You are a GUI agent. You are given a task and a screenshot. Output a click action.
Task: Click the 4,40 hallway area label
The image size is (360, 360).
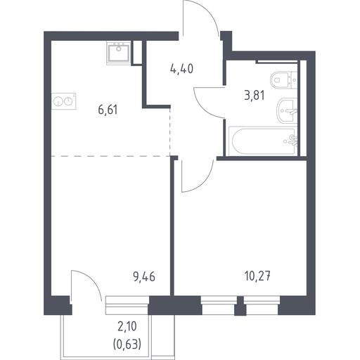pyautogui.click(x=181, y=69)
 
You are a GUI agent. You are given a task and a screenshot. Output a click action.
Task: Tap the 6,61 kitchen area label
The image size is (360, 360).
pyautogui.click(x=108, y=110)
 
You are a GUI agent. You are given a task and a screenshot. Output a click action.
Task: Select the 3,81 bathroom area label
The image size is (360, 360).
pyautogui.click(x=255, y=96)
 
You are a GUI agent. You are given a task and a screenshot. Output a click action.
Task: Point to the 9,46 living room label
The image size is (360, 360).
pyautogui.click(x=144, y=277)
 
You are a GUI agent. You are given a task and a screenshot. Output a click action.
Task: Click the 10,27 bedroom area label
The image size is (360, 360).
pyautogui.click(x=257, y=276)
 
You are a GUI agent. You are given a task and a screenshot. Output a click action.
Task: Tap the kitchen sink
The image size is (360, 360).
pyautogui.click(x=118, y=53)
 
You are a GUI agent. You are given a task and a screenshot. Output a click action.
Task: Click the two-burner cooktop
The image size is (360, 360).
pyautogui.click(x=63, y=101)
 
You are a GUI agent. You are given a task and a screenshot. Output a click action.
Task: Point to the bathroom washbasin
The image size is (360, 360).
pyautogui.click(x=287, y=110)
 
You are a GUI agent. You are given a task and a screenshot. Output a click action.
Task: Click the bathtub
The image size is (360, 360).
pyautogui.click(x=263, y=141)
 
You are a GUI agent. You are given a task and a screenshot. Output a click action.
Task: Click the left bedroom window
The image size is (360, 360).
pyautogui.click(x=219, y=305)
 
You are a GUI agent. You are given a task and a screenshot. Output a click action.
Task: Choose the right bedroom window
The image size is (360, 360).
pyautogui.click(x=262, y=305)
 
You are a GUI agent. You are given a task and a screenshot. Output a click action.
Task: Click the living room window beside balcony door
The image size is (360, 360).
pyautogui.click(x=127, y=305)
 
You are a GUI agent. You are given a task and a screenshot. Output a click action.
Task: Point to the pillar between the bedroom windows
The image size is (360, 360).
pyautogui.click(x=240, y=306)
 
